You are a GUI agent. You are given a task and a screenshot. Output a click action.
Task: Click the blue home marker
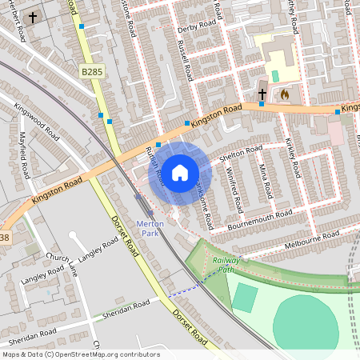(x=180, y=173)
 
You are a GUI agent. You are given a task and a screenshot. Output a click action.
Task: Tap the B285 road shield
(x=91, y=72)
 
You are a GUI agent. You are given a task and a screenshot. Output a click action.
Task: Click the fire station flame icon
(x=283, y=94)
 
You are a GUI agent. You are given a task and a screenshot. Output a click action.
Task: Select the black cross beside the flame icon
(x=262, y=94)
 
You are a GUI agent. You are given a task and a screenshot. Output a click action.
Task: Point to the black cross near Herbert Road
(x=33, y=17)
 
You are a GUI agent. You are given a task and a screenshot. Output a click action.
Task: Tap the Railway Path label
(x=226, y=265)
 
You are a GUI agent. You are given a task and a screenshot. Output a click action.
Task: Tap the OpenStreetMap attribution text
(x=80, y=354)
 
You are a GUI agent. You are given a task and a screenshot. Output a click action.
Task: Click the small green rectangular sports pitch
(x=246, y=298)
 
